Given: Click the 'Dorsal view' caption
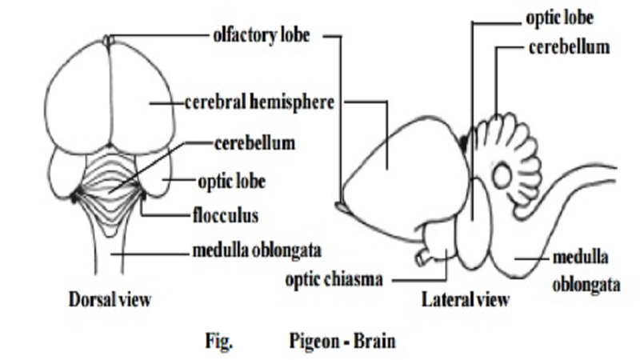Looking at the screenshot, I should point(110,301).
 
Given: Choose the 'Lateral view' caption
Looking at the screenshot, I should point(465,301).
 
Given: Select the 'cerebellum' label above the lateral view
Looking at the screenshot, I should point(569,46).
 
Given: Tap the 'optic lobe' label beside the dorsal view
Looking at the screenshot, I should point(232,181).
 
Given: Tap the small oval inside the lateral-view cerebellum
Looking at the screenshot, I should point(506,175).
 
